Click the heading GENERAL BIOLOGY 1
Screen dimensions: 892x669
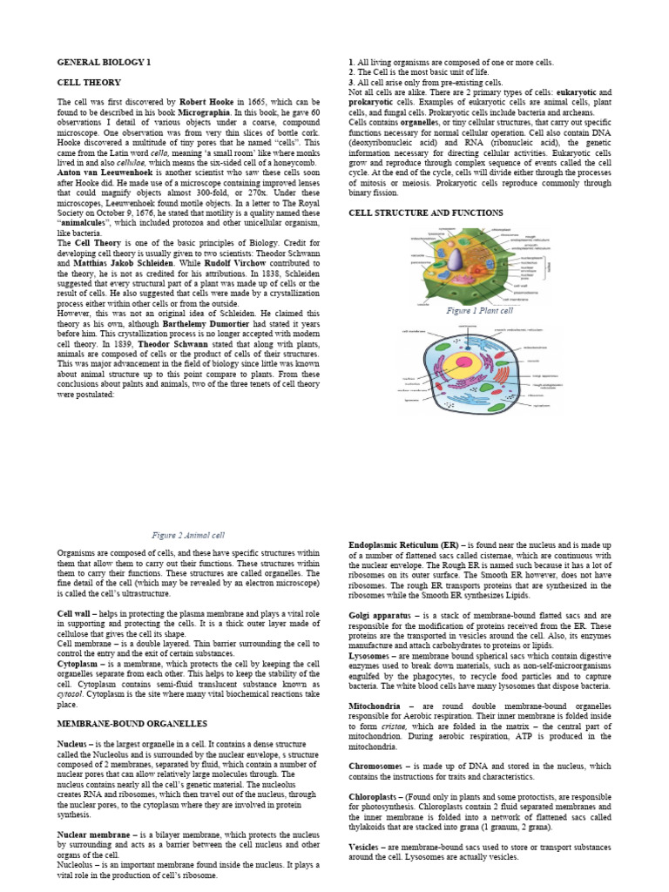104,63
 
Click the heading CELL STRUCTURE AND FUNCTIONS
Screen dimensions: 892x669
425,213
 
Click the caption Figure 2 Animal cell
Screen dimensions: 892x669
188,536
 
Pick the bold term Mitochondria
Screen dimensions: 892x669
375,706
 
